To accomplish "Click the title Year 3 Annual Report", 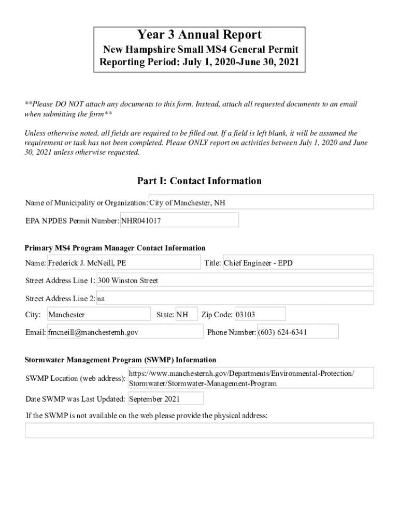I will (199, 35).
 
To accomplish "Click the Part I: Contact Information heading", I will (199, 181).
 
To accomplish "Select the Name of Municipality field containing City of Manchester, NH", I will (261, 202).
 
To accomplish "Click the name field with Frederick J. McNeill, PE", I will (123, 263).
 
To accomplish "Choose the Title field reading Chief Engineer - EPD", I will (297, 263).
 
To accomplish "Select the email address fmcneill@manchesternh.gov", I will (125, 332).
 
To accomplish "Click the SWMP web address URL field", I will (251, 378).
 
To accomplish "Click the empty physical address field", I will (199, 431).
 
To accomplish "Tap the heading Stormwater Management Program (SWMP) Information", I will (121, 360).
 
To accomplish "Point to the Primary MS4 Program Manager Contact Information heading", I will (115, 248).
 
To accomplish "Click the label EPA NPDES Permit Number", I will (72, 221).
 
